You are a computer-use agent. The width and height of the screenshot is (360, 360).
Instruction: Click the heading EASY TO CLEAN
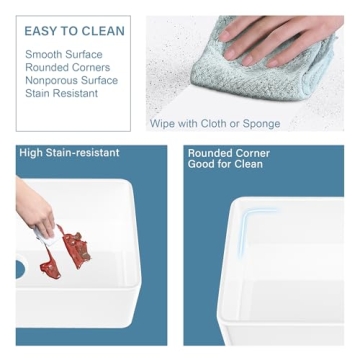click(75, 31)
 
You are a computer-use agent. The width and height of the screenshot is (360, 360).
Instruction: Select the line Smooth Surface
click(64, 54)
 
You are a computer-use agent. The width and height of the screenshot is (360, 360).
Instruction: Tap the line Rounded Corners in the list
click(68, 67)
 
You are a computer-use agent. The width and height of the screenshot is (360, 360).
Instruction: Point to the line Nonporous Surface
click(71, 80)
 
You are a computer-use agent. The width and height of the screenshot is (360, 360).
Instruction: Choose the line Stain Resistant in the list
click(62, 93)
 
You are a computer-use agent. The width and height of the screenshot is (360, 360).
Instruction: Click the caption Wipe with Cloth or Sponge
click(215, 124)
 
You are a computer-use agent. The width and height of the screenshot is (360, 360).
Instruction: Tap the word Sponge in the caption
click(261, 124)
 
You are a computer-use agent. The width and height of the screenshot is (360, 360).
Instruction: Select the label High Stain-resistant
click(69, 153)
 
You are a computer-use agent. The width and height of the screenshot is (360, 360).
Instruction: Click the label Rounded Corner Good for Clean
click(229, 159)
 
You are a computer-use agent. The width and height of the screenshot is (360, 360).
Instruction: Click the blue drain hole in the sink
click(21, 269)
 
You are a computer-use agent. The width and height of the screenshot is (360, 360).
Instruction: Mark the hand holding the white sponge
click(35, 208)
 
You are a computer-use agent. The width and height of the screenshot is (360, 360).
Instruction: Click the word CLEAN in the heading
click(103, 31)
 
